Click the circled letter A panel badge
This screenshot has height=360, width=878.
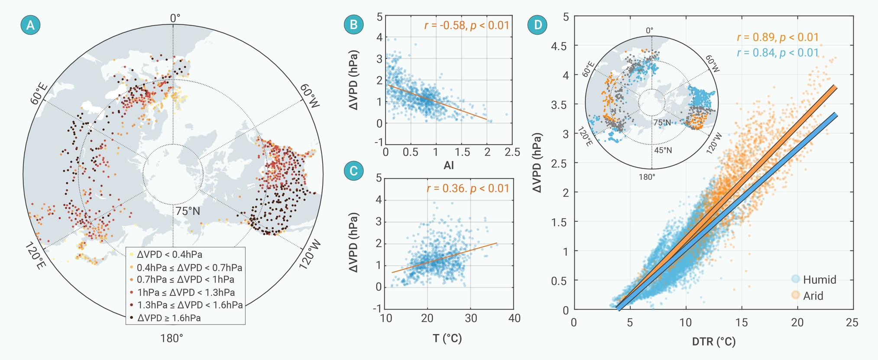click(x=30, y=25)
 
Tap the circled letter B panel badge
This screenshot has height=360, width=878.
click(x=353, y=25)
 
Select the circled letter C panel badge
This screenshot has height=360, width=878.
click(x=353, y=171)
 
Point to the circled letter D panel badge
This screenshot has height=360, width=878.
click(x=538, y=25)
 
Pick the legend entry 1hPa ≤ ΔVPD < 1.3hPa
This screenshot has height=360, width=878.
click(x=186, y=292)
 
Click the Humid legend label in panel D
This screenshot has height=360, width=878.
click(x=820, y=280)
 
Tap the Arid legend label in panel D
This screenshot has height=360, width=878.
click(x=813, y=296)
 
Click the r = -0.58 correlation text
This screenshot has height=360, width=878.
click(x=467, y=25)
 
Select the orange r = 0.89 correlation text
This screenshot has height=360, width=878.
click(x=778, y=38)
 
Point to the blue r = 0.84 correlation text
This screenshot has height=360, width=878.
click(x=778, y=53)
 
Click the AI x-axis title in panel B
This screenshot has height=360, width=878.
click(x=449, y=165)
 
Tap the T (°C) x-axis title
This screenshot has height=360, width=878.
click(x=447, y=338)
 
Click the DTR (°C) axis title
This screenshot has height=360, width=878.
click(x=714, y=342)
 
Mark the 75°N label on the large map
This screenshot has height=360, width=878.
click(x=188, y=211)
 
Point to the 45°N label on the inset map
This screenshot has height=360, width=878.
click(x=663, y=150)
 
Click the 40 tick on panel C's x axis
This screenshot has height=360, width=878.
click(x=514, y=318)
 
